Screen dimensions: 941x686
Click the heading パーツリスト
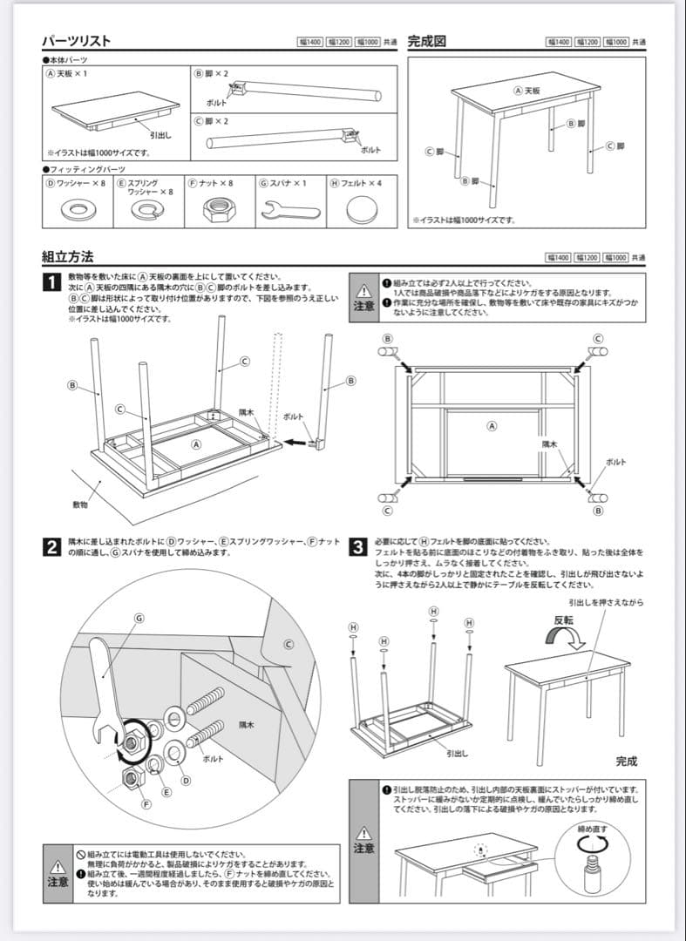pyautogui.click(x=76, y=41)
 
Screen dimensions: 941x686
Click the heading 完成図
pyautogui.click(x=426, y=41)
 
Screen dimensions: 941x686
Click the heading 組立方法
pyautogui.click(x=67, y=257)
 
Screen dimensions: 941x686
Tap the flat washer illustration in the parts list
pyautogui.click(x=78, y=209)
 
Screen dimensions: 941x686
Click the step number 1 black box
pyautogui.click(x=52, y=282)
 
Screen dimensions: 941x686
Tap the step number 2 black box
pyautogui.click(x=52, y=547)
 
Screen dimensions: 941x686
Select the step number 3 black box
pyautogui.click(x=357, y=547)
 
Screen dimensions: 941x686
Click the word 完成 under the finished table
pyautogui.click(x=626, y=761)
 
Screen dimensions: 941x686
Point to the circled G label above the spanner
pyautogui.click(x=138, y=618)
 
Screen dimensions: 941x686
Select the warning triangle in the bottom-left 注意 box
pyautogui.click(x=58, y=867)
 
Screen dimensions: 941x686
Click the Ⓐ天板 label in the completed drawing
pyautogui.click(x=526, y=90)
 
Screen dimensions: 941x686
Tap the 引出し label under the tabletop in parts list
pyautogui.click(x=160, y=135)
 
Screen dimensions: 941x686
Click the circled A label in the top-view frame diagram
pyautogui.click(x=492, y=426)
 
